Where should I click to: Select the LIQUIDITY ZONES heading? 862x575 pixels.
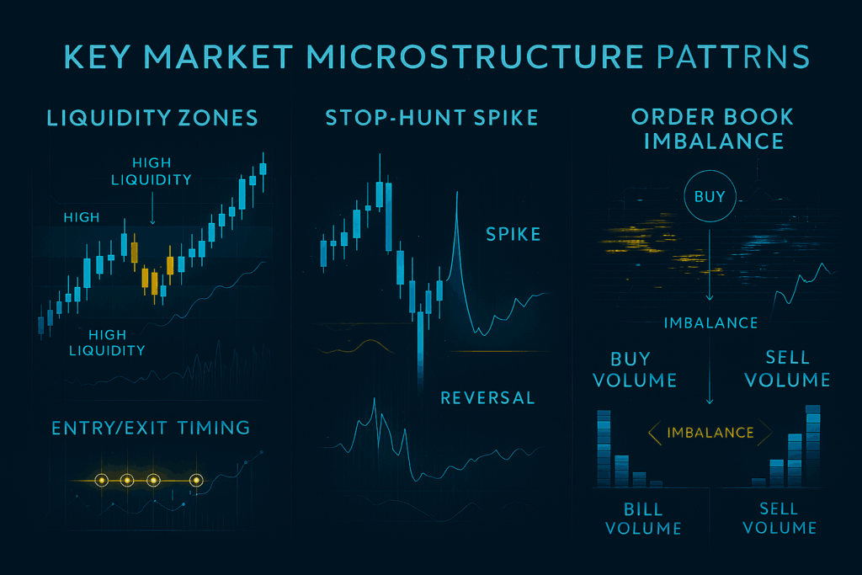tap(152, 118)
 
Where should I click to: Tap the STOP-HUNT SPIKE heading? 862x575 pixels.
tap(432, 118)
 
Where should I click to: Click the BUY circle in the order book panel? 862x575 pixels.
tap(710, 196)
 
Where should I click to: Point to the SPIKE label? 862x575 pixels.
tap(513, 234)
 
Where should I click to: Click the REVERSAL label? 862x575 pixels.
tap(487, 397)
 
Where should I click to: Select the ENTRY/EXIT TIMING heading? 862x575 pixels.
tap(151, 428)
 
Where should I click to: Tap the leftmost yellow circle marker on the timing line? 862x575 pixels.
tap(101, 481)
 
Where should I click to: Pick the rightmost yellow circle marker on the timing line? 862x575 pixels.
tap(196, 481)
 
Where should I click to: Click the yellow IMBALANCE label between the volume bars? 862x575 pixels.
tap(710, 433)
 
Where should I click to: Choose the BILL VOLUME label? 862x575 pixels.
tap(643, 519)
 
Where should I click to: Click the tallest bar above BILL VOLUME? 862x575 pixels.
tap(604, 449)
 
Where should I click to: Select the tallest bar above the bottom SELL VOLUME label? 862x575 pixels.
tap(813, 446)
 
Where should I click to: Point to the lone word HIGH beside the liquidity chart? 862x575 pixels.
tap(82, 217)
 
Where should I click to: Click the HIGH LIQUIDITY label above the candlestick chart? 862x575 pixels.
tap(152, 171)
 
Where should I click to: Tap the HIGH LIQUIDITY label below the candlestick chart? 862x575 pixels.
tap(107, 343)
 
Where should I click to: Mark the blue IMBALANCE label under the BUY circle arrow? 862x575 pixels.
tap(710, 322)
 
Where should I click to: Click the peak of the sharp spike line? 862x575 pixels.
tap(457, 192)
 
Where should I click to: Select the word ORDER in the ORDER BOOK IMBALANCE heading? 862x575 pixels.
tap(665, 117)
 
